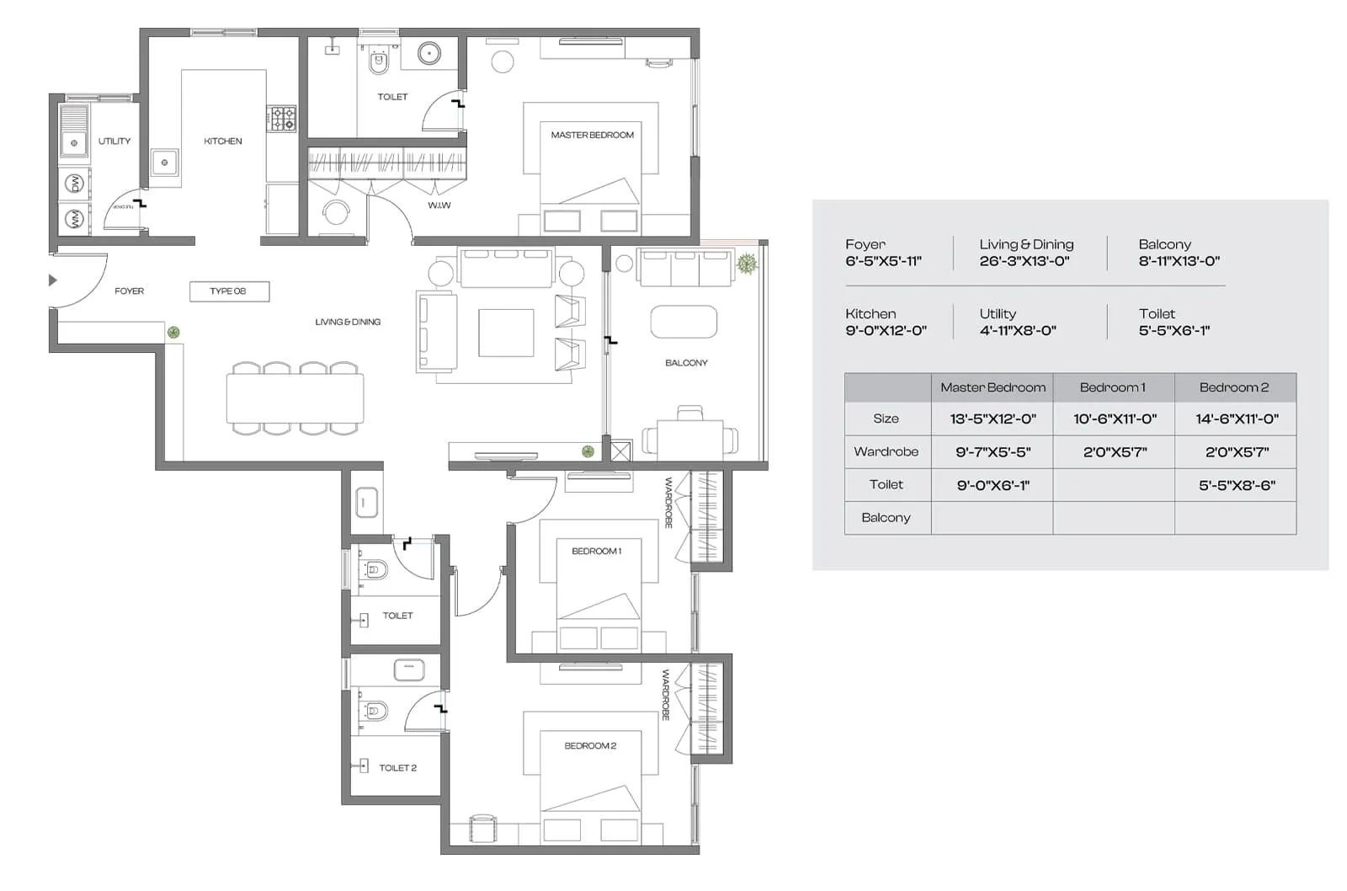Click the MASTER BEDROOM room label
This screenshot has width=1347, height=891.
click(592, 135)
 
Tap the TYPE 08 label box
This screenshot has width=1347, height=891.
click(228, 291)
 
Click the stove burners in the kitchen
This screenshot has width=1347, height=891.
click(281, 119)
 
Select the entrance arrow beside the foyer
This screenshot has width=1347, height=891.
click(53, 280)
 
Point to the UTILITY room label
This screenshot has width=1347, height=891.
click(114, 141)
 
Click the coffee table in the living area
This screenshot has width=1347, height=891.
click(506, 333)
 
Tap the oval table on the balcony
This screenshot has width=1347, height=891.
click(684, 322)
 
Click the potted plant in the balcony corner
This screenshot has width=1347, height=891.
click(747, 264)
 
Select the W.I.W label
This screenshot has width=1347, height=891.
click(439, 205)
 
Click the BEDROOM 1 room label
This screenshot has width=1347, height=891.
click(596, 552)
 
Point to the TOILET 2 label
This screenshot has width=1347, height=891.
click(397, 768)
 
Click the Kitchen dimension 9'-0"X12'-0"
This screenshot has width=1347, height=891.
click(886, 331)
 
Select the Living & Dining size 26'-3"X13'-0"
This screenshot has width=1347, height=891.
click(1024, 261)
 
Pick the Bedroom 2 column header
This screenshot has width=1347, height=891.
click(1234, 387)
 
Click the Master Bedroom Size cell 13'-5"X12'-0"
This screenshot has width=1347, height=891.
click(993, 419)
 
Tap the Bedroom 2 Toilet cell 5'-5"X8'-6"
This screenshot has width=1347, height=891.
click(1236, 485)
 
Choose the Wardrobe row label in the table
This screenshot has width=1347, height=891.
click(886, 451)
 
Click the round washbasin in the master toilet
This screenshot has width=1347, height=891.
click(429, 54)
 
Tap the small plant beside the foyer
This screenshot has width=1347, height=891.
click(173, 333)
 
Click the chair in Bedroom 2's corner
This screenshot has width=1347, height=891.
click(482, 827)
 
